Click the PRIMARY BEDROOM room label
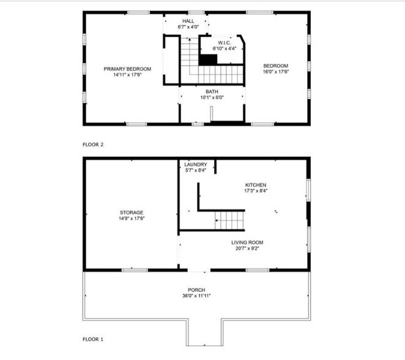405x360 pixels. pyautogui.click(x=127, y=69)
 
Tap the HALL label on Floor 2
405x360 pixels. pyautogui.click(x=188, y=20)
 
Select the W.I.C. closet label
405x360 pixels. pyautogui.click(x=223, y=42)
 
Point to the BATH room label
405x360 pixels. pyautogui.click(x=212, y=91)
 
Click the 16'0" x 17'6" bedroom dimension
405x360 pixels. pyautogui.click(x=275, y=72)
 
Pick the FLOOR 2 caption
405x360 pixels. pyautogui.click(x=93, y=144)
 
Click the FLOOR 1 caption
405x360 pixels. pyautogui.click(x=93, y=339)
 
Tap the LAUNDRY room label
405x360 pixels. pyautogui.click(x=196, y=164)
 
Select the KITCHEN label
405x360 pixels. pyautogui.click(x=256, y=184)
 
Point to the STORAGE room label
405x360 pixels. pyautogui.click(x=131, y=212)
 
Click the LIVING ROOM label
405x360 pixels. pyautogui.click(x=247, y=243)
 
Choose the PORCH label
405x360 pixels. pyautogui.click(x=196, y=290)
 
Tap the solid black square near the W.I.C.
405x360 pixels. pyautogui.click(x=210, y=59)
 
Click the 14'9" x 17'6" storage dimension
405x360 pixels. pyautogui.click(x=131, y=218)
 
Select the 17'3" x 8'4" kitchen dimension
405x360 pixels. pyautogui.click(x=256, y=190)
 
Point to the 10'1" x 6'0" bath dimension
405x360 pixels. pyautogui.click(x=212, y=97)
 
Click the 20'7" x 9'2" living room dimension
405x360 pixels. pyautogui.click(x=247, y=249)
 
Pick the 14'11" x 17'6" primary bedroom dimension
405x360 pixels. pyautogui.click(x=127, y=75)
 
